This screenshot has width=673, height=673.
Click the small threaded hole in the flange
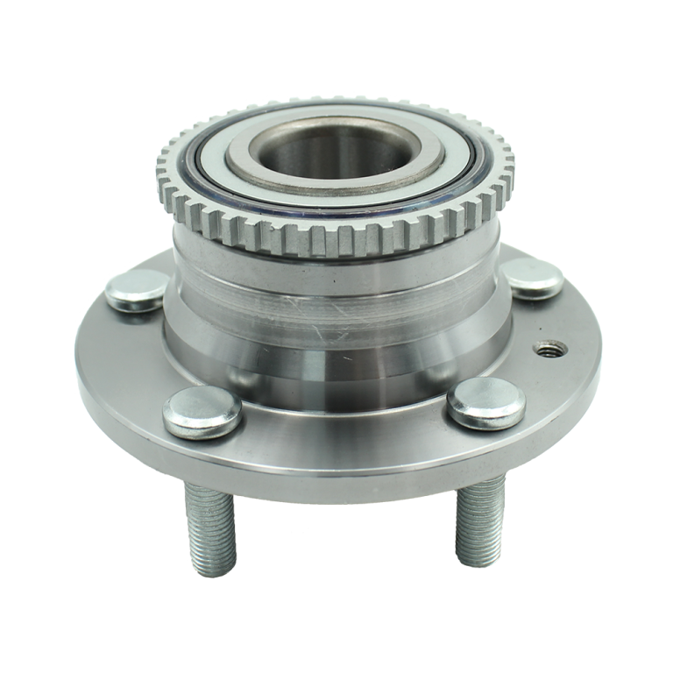coord(550,350)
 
